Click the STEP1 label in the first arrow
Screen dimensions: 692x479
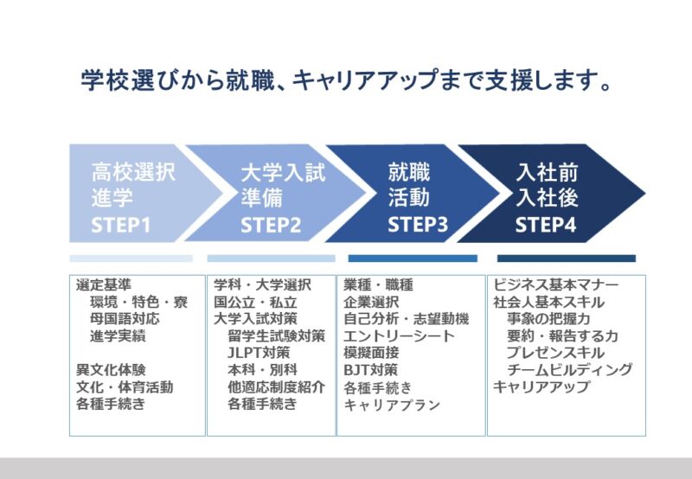coord(120,225)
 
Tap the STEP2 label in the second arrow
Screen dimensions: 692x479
coord(271,225)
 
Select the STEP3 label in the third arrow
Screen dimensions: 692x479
coord(418,224)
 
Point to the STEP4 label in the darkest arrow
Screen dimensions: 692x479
coord(546,224)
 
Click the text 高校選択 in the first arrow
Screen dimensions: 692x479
coord(133,172)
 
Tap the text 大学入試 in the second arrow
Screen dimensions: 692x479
coord(283,172)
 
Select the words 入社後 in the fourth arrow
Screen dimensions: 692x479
coord(547,197)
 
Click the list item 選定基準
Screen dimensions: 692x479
coord(104,285)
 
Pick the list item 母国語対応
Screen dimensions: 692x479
coord(125,318)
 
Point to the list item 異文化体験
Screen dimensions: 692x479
coord(111,369)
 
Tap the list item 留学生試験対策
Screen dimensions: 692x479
coord(276,335)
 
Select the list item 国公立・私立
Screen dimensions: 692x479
coord(255,302)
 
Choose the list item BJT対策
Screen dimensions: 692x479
coord(371,369)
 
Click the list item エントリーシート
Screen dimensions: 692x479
coord(399,336)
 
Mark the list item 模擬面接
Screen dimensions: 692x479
coord(371,353)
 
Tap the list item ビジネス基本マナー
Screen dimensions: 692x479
coord(555,285)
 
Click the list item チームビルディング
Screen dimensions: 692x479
coord(569,369)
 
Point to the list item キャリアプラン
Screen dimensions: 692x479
coord(392,405)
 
